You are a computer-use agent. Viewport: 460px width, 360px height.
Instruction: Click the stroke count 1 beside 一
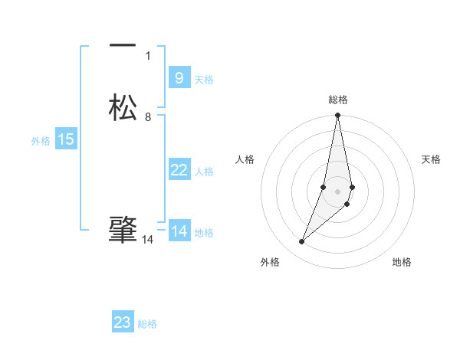pos(148,55)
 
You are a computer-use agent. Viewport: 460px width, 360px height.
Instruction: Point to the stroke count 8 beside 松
pos(148,117)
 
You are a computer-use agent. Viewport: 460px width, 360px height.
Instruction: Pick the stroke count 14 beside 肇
pos(148,240)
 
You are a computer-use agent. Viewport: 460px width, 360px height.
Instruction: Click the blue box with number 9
pos(179,78)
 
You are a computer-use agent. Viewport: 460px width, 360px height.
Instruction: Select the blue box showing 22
pos(179,170)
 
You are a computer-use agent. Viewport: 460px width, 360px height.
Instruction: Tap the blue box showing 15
pos(66,139)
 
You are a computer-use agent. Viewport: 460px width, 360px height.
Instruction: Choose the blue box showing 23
pos(123,322)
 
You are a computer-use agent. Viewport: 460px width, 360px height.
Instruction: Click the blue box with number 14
pos(179,231)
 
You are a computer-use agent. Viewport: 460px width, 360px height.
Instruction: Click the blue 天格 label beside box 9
pos(204,80)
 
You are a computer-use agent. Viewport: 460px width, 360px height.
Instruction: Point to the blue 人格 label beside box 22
pos(204,172)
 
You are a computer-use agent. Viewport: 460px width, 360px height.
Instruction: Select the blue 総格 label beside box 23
pos(147,324)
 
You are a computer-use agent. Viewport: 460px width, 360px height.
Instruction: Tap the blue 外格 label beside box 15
pos(41,141)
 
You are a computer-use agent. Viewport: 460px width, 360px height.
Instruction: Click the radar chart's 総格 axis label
pos(338,100)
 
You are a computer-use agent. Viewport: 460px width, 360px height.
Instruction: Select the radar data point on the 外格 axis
pos(301,242)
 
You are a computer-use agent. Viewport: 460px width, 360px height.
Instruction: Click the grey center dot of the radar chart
pos(338,191)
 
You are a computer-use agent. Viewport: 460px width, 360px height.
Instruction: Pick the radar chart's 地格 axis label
pos(402,263)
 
